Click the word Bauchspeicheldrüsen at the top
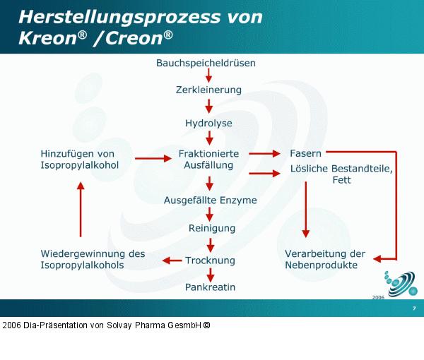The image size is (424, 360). (x=206, y=63)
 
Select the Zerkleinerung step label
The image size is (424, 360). (x=208, y=90)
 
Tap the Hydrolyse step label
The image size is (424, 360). (x=208, y=123)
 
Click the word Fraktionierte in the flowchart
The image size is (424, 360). (x=208, y=153)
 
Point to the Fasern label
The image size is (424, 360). (x=306, y=153)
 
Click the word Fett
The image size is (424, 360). (x=341, y=180)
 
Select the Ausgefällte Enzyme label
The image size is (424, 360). (x=210, y=200)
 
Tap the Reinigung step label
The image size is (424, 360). (x=211, y=228)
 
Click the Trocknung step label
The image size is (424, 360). (x=210, y=260)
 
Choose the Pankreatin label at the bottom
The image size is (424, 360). (x=210, y=287)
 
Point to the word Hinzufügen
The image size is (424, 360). (x=68, y=153)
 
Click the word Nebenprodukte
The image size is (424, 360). (x=321, y=265)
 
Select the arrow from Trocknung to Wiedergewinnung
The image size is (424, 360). (x=172, y=260)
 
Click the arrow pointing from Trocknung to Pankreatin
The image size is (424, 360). (x=210, y=274)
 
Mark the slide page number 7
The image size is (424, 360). (x=413, y=308)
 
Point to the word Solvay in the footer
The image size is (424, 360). (x=124, y=325)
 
